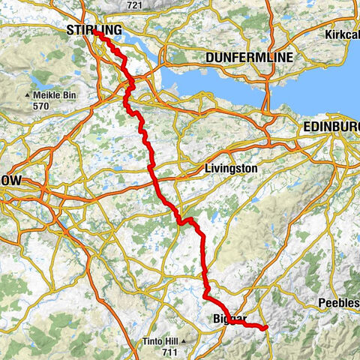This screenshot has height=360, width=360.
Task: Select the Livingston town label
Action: point(231,169)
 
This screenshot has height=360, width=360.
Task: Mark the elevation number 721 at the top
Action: point(135,5)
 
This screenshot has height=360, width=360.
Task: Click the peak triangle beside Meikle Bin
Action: point(28,96)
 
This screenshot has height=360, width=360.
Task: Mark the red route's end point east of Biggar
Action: point(265,326)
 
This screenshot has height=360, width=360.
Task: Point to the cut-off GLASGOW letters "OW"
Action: point(12,181)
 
